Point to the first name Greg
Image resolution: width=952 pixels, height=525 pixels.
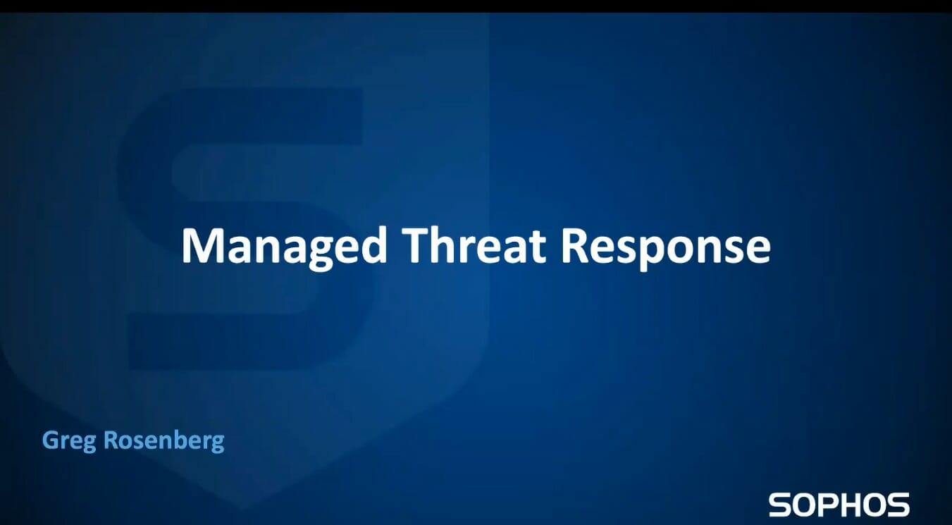coord(69,441)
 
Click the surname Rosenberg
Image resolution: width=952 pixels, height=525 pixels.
coord(164,441)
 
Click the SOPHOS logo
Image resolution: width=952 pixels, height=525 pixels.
coord(839,505)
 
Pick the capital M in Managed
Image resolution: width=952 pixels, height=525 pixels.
coord(204,246)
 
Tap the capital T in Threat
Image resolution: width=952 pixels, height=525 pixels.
coord(416,246)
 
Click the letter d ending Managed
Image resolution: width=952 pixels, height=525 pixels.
coord(373,245)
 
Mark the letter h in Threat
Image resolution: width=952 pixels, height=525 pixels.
coord(447,245)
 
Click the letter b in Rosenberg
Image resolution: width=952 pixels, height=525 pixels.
coord(180,440)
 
